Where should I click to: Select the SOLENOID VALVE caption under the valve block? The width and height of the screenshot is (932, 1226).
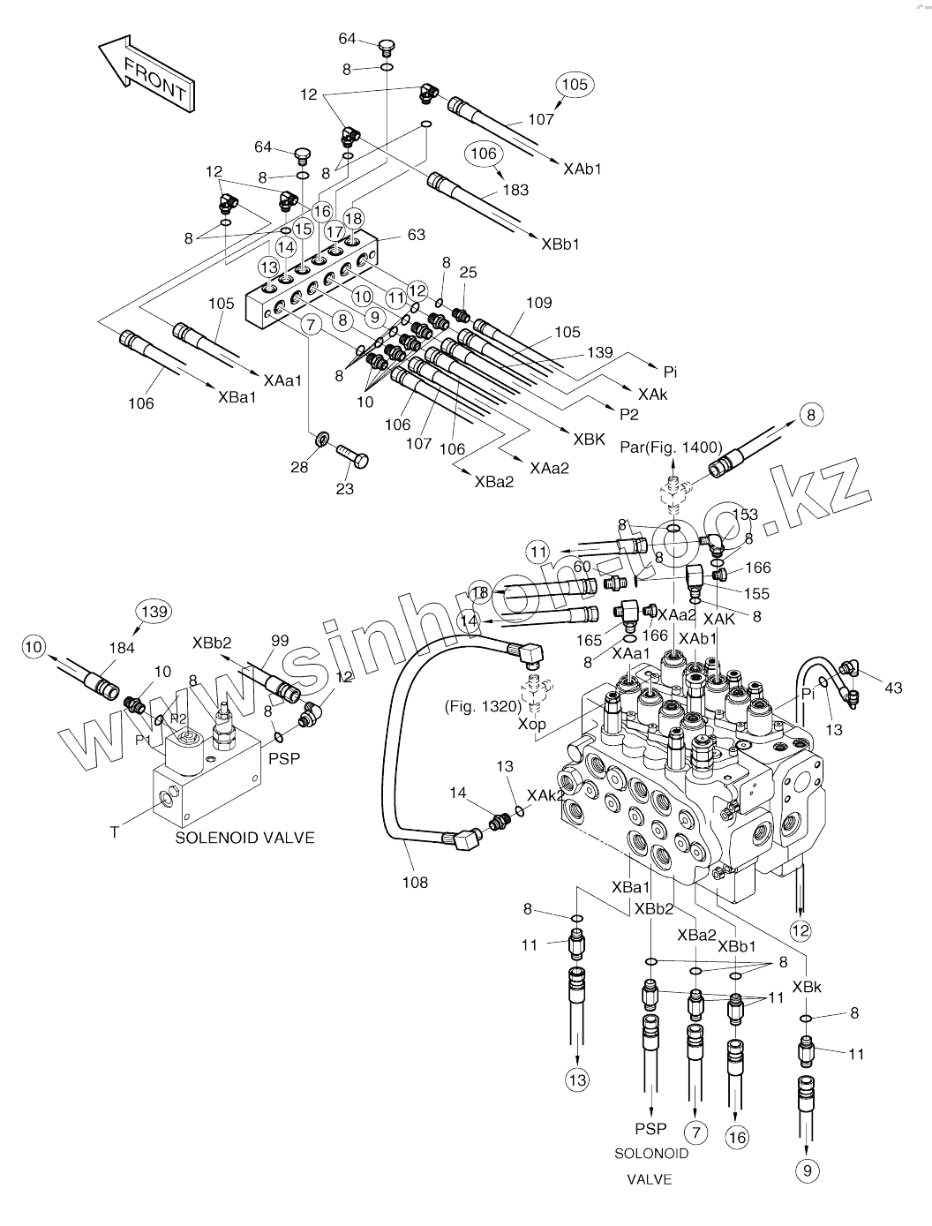[244, 838]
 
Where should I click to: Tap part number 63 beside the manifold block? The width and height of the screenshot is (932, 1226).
[417, 235]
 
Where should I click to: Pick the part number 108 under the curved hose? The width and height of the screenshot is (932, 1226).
[415, 882]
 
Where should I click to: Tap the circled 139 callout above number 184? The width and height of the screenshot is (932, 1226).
[154, 612]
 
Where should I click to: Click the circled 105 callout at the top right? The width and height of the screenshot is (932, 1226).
[575, 85]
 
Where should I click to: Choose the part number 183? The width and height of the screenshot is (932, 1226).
[515, 190]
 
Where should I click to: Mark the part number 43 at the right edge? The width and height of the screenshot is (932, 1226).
[893, 688]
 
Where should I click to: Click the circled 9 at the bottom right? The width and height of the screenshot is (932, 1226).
[808, 1170]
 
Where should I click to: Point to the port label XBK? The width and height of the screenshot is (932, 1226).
[589, 439]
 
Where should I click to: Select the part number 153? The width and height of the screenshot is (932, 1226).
[745, 515]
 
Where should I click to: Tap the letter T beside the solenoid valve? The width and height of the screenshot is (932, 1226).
[114, 831]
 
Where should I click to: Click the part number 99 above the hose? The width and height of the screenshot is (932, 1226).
[280, 641]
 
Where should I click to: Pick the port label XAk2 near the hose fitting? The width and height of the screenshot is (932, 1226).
[545, 795]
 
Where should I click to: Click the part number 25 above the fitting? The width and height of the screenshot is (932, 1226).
[468, 273]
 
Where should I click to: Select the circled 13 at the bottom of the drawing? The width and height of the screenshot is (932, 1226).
[577, 1079]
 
